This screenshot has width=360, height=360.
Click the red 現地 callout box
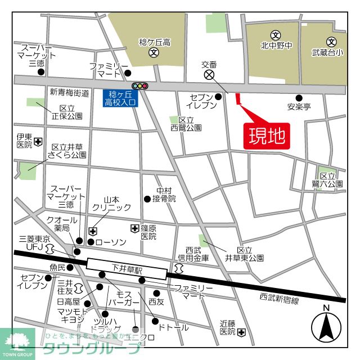(266, 135)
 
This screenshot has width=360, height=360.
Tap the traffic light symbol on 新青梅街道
(139, 86)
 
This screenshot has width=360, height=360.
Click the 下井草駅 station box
(127, 268)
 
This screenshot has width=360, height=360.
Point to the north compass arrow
(326, 326)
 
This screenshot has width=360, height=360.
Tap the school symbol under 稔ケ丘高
(153, 53)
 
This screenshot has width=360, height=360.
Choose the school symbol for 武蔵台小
(331, 41)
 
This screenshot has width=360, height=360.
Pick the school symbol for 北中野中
(275, 35)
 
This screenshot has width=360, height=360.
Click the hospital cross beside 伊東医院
(38, 141)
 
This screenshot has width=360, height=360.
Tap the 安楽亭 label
(299, 106)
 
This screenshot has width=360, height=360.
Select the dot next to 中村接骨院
(147, 199)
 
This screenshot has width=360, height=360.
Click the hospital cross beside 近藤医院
(241, 332)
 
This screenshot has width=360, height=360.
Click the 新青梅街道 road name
(69, 92)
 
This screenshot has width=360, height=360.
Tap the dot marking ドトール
(155, 321)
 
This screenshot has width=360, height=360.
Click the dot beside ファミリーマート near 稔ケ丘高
(129, 73)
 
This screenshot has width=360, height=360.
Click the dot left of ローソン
(90, 242)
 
